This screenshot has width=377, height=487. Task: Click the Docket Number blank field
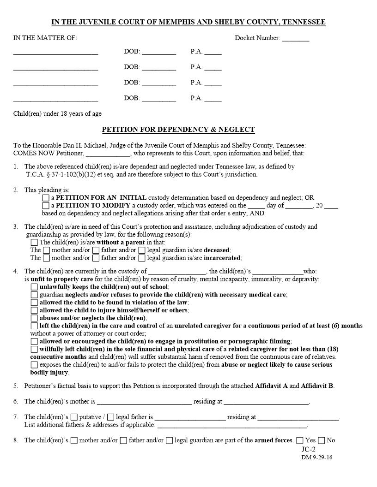(x=296, y=39)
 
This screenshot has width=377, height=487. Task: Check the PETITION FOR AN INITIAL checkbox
(x=46, y=198)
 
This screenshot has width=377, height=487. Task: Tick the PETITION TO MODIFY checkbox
(x=46, y=206)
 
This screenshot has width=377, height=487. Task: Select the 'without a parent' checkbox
(x=34, y=242)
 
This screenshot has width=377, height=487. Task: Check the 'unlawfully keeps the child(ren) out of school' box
(x=34, y=287)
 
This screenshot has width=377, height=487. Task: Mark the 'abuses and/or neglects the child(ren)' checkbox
(x=34, y=318)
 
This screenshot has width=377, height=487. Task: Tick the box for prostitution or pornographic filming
(x=34, y=341)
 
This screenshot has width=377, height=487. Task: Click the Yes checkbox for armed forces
(x=300, y=440)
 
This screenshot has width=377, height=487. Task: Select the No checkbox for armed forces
(x=322, y=440)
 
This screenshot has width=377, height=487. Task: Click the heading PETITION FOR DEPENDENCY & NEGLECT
(x=178, y=130)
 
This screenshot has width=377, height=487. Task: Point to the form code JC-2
(x=309, y=449)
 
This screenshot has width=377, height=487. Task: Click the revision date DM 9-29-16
(x=317, y=457)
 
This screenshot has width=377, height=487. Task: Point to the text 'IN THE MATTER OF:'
(x=45, y=38)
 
